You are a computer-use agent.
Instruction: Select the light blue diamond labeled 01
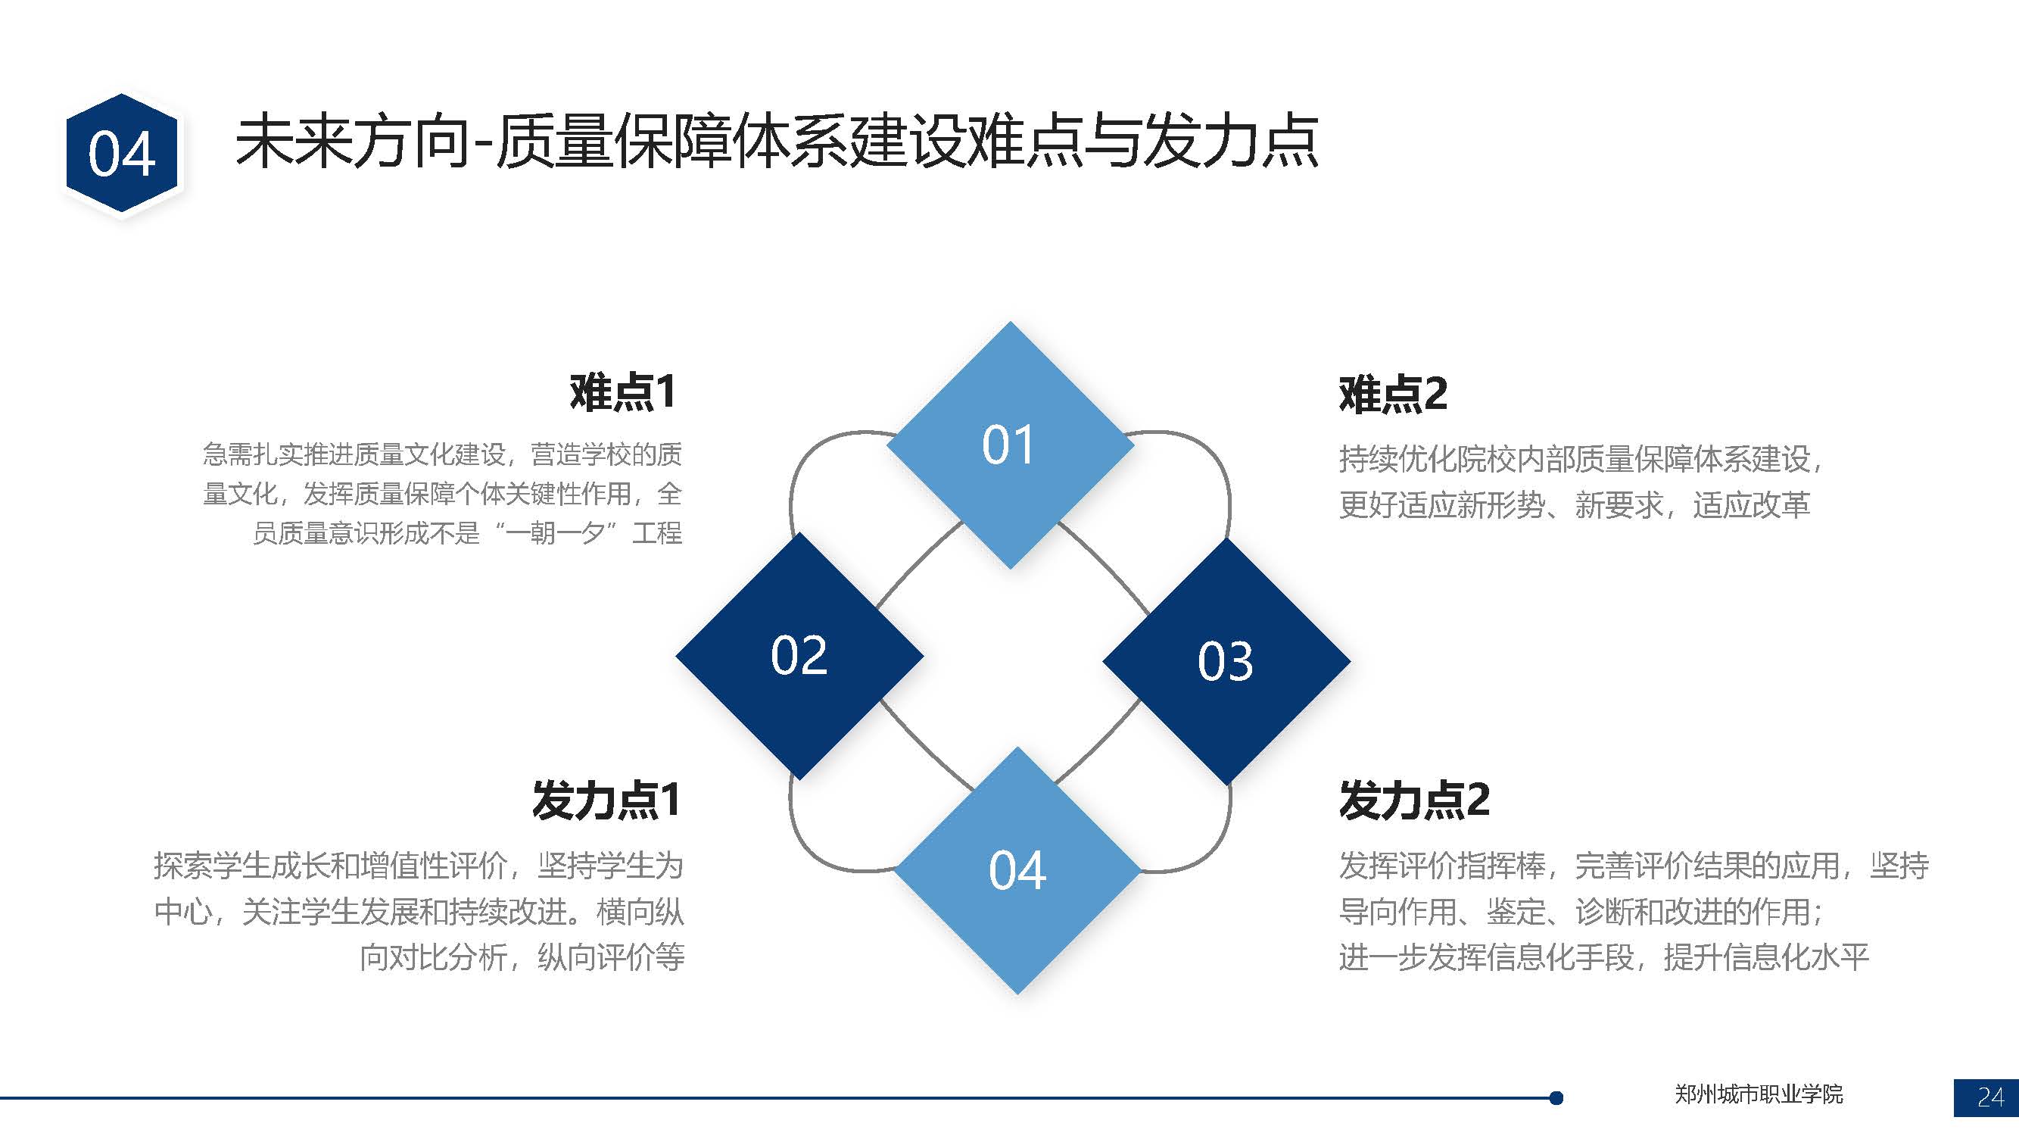[x=1011, y=445]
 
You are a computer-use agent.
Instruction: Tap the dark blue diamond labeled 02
[x=799, y=655]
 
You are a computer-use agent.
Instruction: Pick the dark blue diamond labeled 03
[x=1226, y=661]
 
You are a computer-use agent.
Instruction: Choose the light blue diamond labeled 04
[x=1017, y=870]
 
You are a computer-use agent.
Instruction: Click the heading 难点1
[x=622, y=392]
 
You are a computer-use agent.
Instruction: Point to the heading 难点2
[x=1393, y=394]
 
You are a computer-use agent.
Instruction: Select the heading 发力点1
[x=605, y=800]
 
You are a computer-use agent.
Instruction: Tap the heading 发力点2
[x=1414, y=800]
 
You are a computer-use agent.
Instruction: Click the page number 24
[x=1991, y=1097]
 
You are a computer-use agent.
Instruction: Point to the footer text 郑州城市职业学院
[x=1759, y=1094]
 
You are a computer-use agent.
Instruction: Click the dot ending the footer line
[x=1556, y=1097]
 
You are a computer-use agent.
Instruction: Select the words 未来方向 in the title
[x=351, y=142]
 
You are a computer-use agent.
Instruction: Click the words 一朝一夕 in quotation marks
[x=555, y=533]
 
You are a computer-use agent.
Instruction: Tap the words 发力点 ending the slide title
[x=1230, y=142]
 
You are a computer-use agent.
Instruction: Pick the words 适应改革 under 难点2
[x=1751, y=505]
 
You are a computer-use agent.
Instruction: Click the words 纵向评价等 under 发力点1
[x=611, y=957]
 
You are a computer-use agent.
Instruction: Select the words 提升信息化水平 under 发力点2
[x=1766, y=957]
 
